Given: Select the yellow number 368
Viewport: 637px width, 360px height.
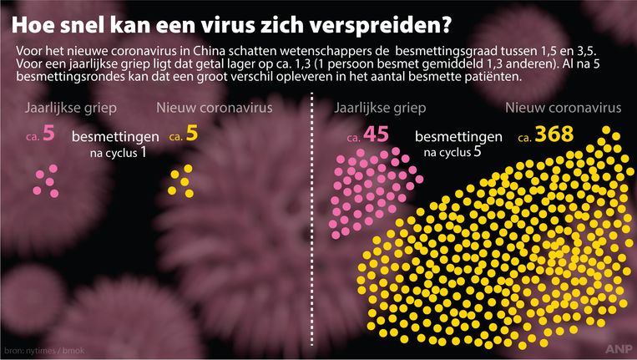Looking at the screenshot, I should tap(564, 134).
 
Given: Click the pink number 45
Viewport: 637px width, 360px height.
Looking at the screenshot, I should tap(376, 134).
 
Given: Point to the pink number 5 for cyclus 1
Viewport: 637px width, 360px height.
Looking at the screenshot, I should tap(49, 133).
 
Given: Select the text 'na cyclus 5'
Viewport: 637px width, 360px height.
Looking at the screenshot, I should tap(456, 152).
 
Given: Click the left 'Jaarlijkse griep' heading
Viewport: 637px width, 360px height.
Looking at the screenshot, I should tap(71, 109).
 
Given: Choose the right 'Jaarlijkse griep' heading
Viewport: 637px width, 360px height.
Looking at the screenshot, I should tap(380, 109).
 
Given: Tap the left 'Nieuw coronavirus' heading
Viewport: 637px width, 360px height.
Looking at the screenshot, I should tap(214, 109).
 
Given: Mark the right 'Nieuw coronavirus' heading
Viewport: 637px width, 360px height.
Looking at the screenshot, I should tap(563, 109).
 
